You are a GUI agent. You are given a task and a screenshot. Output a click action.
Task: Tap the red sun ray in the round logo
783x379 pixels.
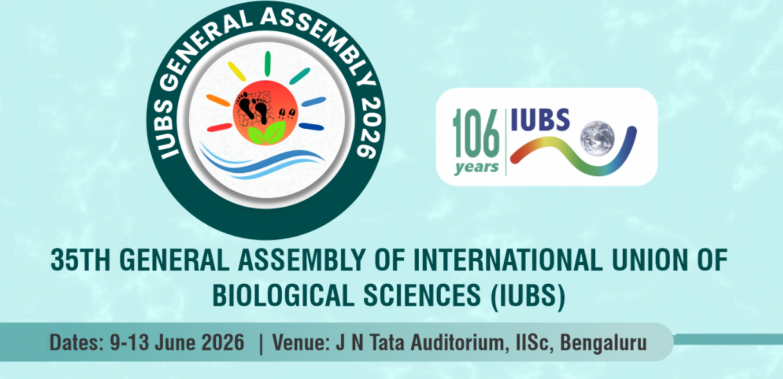tap(219, 127)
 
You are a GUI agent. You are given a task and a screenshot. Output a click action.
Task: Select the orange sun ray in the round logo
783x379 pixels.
tap(217, 100)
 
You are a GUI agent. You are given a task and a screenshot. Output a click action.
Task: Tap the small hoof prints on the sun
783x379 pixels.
tap(288, 114)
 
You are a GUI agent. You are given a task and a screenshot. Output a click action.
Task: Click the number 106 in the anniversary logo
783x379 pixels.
tap(476, 137)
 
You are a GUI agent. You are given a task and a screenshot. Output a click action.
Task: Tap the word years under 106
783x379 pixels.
tap(476, 168)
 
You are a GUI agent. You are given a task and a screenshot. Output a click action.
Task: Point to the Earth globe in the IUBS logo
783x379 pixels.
tap(596, 138)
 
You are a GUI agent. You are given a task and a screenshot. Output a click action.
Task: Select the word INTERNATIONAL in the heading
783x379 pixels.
tap(499, 262)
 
